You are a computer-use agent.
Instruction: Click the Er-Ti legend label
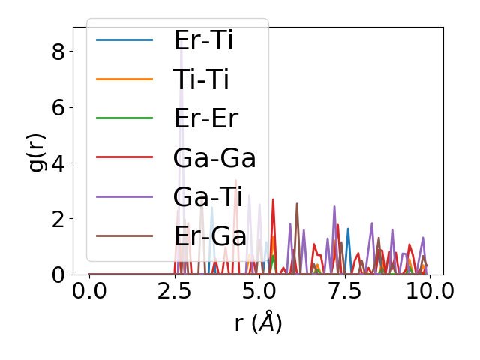(x=203, y=40)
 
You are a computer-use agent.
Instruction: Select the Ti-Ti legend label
(x=201, y=79)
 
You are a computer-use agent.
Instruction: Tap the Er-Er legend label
(x=205, y=118)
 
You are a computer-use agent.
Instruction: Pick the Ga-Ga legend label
(x=214, y=157)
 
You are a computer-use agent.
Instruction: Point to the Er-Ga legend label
(x=210, y=235)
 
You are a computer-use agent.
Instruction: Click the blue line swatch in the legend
(x=124, y=40)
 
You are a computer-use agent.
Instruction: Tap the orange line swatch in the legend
(x=124, y=79)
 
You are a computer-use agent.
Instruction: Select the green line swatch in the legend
(x=124, y=118)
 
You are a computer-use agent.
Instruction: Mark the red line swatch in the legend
(x=124, y=157)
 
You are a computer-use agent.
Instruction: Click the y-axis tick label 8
(x=58, y=52)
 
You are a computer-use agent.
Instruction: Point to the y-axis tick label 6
(x=58, y=107)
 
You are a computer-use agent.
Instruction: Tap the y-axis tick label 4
(x=58, y=163)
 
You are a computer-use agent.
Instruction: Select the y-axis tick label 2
(x=58, y=219)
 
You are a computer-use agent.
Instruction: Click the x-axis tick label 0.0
(x=89, y=291)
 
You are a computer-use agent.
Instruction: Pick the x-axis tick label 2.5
(x=174, y=291)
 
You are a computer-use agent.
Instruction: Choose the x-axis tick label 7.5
(x=344, y=291)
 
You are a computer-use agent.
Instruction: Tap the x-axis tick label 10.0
(x=429, y=291)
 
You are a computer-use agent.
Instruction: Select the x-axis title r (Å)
(x=258, y=322)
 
